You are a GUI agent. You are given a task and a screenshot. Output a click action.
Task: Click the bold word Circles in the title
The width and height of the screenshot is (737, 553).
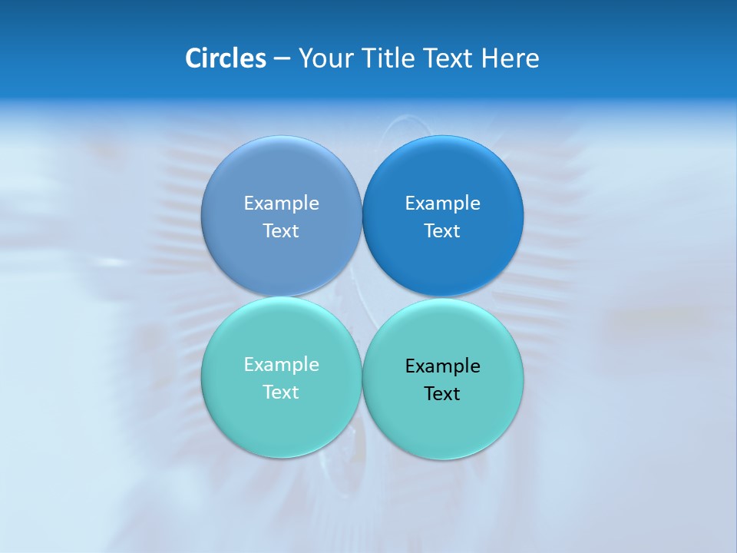point(226,58)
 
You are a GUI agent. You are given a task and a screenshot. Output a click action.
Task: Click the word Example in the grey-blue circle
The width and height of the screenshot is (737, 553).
point(281,203)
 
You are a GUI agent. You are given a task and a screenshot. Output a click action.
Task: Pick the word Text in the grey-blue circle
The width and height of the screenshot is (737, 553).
point(281,230)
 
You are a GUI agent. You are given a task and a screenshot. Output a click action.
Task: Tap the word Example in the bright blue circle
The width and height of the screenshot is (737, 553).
point(442,203)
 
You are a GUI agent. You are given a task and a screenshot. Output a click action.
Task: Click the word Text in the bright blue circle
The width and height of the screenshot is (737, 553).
point(442,230)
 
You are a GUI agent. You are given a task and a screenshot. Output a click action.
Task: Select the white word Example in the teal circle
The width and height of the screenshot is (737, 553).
point(281,364)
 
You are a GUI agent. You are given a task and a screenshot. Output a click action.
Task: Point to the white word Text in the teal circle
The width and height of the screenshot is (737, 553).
point(281,392)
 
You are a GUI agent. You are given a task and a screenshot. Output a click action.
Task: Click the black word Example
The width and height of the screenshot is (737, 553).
point(442,366)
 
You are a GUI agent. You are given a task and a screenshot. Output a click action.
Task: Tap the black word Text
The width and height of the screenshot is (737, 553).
point(442,393)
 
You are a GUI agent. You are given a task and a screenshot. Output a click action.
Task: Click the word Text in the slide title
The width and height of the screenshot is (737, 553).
point(450,58)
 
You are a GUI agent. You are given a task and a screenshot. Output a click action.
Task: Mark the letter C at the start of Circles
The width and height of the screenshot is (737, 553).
point(193,58)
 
